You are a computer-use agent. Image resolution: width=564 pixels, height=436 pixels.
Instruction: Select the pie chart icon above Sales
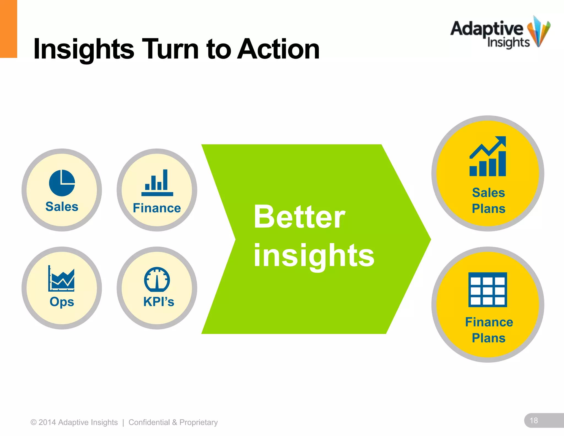(62, 183)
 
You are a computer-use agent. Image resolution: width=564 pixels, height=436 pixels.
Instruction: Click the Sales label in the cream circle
(62, 207)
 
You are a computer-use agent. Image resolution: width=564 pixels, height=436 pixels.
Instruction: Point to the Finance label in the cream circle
(157, 208)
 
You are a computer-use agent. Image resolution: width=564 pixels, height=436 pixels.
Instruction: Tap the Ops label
(62, 302)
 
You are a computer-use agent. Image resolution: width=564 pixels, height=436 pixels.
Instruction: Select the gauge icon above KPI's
(157, 279)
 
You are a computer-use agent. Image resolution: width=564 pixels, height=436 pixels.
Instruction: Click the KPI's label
(159, 302)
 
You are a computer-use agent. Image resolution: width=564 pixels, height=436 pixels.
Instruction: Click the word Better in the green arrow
(299, 217)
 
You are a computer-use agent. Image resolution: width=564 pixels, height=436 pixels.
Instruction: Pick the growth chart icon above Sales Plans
(488, 157)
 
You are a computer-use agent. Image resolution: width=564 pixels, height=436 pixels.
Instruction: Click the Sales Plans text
(489, 201)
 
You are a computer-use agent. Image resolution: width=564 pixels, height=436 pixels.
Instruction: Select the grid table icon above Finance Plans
(488, 290)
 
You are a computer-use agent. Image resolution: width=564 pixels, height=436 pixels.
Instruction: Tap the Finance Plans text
(489, 330)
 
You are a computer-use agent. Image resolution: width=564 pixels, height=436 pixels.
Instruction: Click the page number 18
(534, 421)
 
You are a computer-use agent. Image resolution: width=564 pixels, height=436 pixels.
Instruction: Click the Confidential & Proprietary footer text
(173, 422)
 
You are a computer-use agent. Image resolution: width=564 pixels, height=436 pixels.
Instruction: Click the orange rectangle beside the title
(8, 29)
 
